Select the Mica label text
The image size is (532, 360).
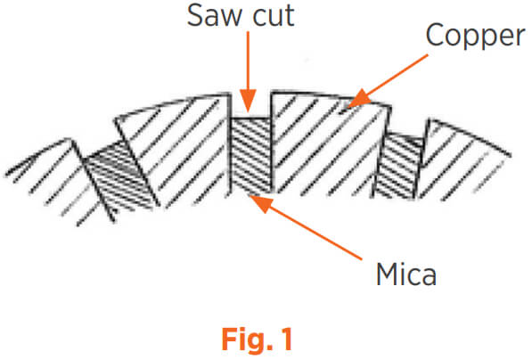406,274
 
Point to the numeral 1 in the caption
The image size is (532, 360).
287,339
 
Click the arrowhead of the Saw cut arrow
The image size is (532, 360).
249,102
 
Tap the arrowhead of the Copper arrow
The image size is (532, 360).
356,100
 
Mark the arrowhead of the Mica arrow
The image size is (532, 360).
261,202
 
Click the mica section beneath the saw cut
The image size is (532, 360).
251,155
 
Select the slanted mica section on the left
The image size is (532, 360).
119,176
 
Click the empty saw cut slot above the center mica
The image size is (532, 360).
251,106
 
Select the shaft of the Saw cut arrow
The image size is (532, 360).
248,61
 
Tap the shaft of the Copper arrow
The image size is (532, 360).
398,73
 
